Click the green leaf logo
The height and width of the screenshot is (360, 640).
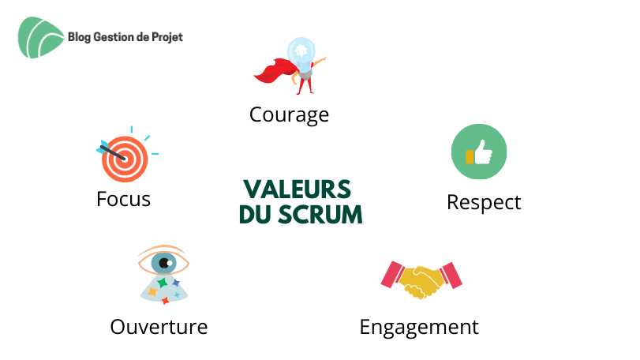[40, 38]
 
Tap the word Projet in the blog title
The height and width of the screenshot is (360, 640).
[167, 38]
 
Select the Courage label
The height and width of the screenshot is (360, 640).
[289, 115]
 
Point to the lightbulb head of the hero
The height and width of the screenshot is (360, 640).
[301, 51]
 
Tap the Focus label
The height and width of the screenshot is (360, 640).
[124, 199]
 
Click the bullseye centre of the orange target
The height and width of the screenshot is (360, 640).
[125, 159]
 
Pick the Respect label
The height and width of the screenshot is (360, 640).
[484, 203]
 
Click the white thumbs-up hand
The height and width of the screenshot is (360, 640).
[483, 152]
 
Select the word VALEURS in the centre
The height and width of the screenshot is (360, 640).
[298, 189]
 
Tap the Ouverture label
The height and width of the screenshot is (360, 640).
[159, 327]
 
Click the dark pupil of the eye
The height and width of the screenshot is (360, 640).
[165, 263]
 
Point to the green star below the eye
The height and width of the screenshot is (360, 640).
[163, 282]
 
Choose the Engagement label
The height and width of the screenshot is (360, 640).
[419, 328]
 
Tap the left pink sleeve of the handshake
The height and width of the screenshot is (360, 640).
[393, 275]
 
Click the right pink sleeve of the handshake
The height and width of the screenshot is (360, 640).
[451, 276]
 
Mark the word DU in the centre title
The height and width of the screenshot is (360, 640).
[253, 215]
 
